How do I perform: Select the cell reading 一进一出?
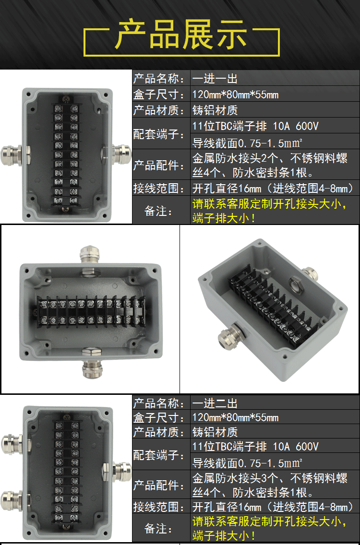(x=215, y=79)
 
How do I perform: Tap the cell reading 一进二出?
(x=215, y=403)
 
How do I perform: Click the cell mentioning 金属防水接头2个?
(x=270, y=165)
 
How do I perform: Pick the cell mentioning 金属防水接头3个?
(x=270, y=485)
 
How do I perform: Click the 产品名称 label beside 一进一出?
(x=159, y=79)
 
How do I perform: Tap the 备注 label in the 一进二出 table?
(x=158, y=529)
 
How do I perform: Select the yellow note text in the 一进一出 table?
(x=270, y=211)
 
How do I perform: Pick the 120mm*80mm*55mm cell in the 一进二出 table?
(x=236, y=417)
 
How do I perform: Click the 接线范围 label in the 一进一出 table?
(x=159, y=189)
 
